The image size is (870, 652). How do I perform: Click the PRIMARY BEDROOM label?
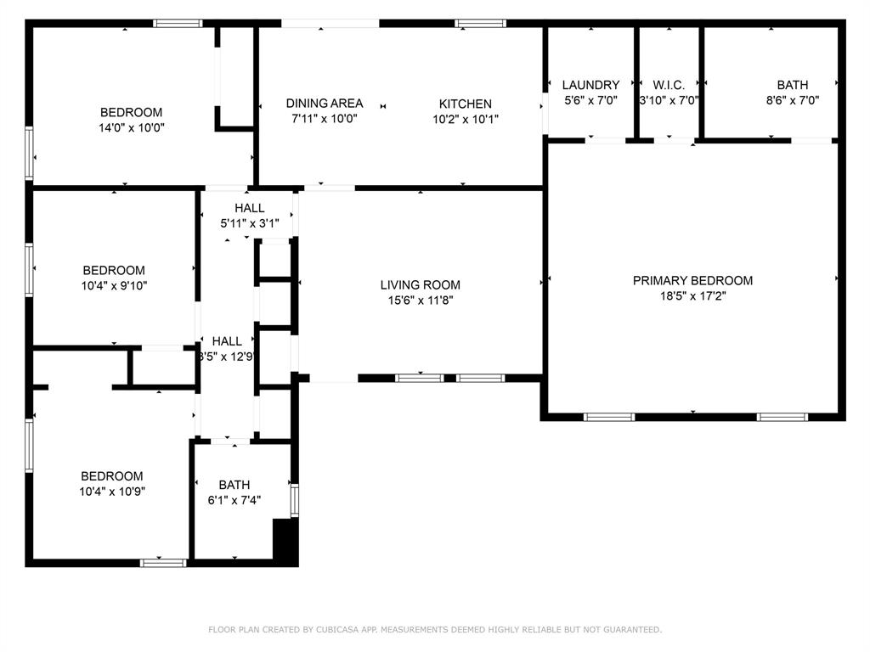[692, 280]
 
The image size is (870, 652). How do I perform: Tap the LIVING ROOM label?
[420, 285]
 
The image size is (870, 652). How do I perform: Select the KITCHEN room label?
[465, 104]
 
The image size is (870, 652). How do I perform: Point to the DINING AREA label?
[325, 103]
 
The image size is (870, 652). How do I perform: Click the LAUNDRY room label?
[590, 85]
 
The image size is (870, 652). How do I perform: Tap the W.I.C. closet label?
[669, 85]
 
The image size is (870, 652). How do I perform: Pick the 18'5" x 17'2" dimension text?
[692, 296]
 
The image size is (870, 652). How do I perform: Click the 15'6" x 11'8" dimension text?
[420, 301]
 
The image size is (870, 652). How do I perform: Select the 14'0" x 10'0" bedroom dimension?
[132, 127]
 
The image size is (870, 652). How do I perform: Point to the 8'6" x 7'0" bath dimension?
[793, 100]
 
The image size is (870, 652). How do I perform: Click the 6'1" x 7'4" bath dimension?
[234, 500]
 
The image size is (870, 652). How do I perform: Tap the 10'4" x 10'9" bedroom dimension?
[112, 492]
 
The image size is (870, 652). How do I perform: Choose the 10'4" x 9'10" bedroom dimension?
[114, 286]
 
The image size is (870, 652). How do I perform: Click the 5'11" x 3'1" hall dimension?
[249, 223]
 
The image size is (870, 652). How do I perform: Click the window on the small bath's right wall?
[295, 501]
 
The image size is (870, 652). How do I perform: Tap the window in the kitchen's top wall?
[480, 23]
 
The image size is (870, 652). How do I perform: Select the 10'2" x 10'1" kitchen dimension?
[465, 119]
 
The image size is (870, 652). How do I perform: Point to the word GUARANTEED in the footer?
[632, 629]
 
